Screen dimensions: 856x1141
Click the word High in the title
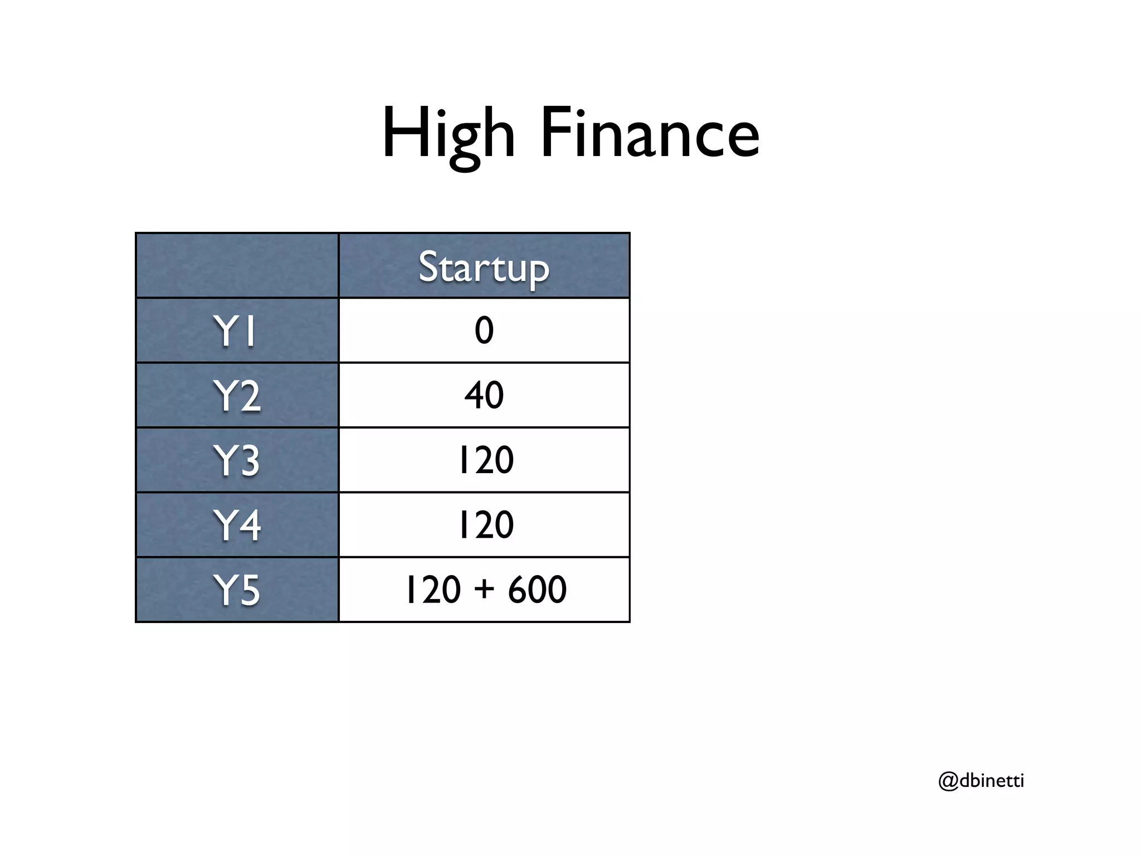click(x=448, y=134)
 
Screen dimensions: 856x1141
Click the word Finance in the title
click(x=650, y=134)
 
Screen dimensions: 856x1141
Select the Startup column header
click(x=484, y=267)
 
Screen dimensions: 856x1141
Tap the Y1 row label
click(x=235, y=331)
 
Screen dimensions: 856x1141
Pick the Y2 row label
click(x=237, y=396)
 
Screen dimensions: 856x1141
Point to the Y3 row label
click(x=237, y=460)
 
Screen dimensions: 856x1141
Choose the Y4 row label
click(x=237, y=525)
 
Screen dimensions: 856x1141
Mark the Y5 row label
click(x=237, y=590)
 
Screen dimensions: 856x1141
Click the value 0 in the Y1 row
click(x=484, y=330)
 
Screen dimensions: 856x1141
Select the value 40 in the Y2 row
click(x=484, y=395)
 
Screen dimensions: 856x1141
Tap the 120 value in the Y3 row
click(x=485, y=460)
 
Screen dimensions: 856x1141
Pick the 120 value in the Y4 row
click(x=485, y=524)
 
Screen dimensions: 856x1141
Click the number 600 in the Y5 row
click(x=537, y=589)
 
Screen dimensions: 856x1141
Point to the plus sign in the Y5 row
click(x=485, y=589)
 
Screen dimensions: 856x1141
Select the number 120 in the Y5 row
click(x=433, y=589)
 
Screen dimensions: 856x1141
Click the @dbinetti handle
click(x=981, y=781)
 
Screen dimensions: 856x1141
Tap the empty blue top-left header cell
click(x=237, y=265)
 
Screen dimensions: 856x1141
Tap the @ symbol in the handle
click(x=948, y=781)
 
